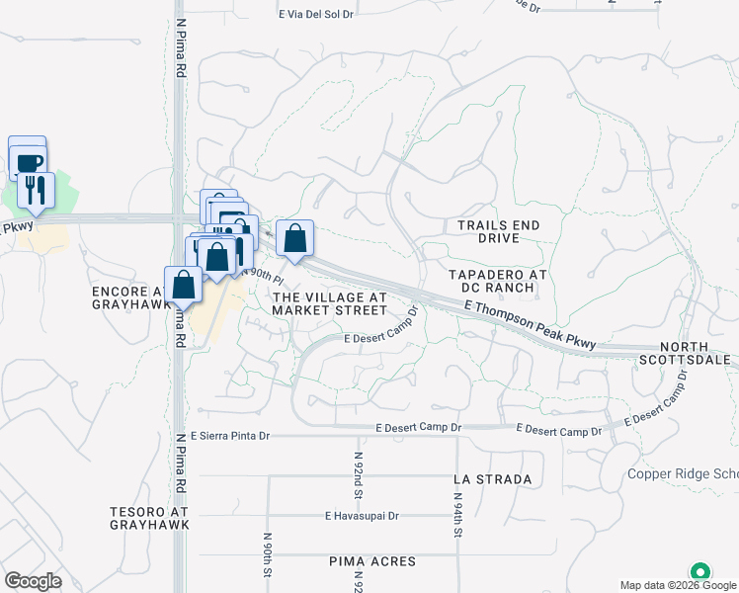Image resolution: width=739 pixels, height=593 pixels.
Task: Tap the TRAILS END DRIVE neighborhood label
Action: [x=499, y=232]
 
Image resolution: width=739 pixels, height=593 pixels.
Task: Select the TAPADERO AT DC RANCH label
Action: [x=491, y=281]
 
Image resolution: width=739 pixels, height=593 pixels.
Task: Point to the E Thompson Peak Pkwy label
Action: [x=531, y=324]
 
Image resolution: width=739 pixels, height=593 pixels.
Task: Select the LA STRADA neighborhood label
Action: [x=492, y=478]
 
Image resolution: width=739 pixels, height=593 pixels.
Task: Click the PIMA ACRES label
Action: [x=373, y=561]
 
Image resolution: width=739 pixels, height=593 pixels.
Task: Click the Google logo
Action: [x=33, y=580]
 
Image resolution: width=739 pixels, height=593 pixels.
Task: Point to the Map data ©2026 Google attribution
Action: [x=677, y=585]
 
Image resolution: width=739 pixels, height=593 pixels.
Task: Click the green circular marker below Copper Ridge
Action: [x=700, y=572]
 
